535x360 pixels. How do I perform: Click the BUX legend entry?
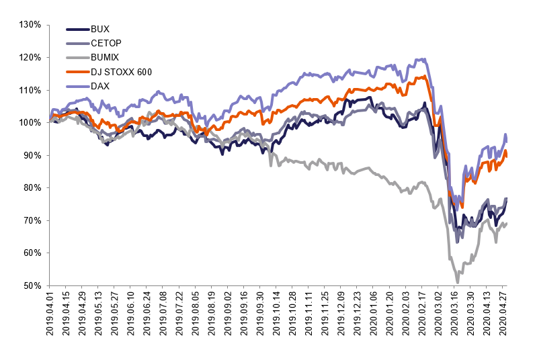99,30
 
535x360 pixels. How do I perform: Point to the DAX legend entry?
99,86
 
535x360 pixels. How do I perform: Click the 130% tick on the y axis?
32,25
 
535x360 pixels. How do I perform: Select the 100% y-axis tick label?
32,123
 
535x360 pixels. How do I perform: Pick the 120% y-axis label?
32,58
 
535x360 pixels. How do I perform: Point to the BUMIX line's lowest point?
458,282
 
